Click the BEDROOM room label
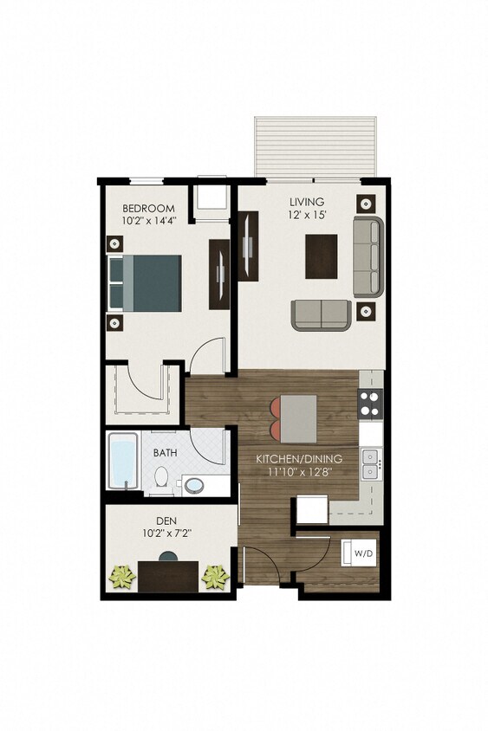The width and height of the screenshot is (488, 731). (148, 209)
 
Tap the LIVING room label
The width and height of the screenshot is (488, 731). (308, 201)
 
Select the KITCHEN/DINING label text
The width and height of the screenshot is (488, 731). (298, 459)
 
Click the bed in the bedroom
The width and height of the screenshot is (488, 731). (145, 282)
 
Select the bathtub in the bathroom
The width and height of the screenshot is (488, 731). (122, 461)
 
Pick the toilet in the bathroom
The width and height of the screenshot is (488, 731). (161, 477)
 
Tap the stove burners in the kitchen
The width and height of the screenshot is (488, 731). (371, 403)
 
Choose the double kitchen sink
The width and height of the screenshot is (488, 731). (371, 463)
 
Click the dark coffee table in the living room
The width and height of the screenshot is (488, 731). (322, 256)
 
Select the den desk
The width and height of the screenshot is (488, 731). (168, 576)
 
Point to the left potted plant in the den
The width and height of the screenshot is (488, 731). (123, 576)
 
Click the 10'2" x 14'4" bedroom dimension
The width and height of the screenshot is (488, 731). (148, 223)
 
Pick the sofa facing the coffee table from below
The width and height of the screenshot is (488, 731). (320, 314)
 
